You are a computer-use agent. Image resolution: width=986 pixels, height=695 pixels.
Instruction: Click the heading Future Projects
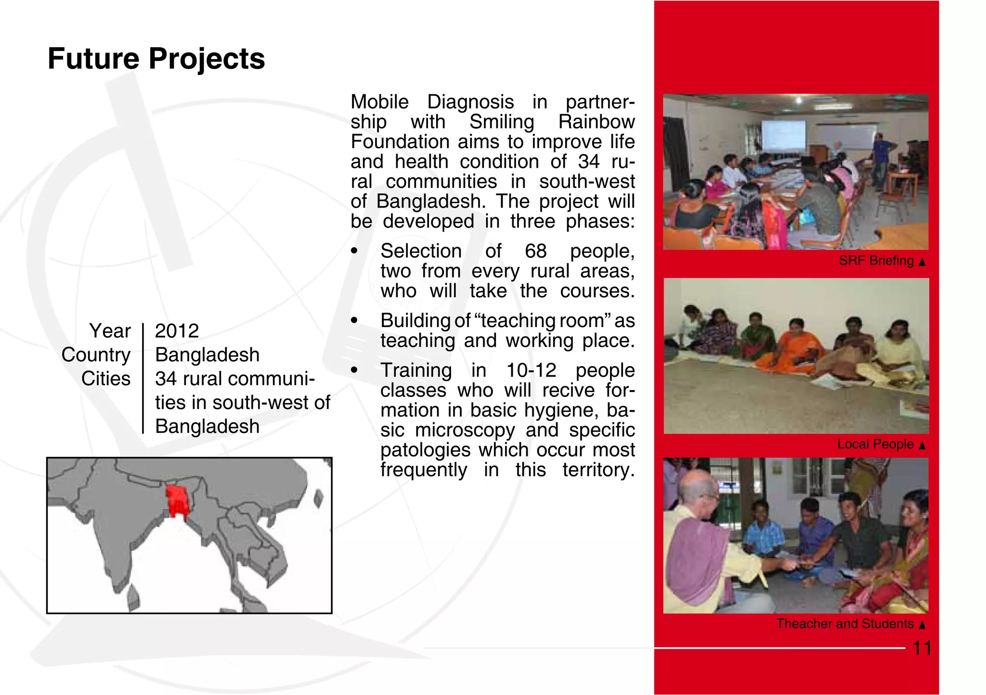click(x=156, y=59)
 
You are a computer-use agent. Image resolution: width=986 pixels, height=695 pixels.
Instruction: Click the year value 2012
click(x=177, y=331)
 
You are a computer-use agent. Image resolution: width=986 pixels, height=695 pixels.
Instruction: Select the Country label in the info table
click(x=96, y=355)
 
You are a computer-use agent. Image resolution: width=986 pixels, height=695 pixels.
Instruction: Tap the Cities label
click(x=105, y=379)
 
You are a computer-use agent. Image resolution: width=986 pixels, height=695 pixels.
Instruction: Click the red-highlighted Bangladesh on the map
click(x=176, y=500)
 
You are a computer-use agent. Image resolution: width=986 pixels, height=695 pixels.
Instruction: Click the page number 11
click(x=921, y=648)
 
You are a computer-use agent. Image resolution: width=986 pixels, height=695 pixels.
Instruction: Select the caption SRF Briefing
click(x=876, y=261)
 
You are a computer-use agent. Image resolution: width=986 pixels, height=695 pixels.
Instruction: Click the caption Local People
click(x=875, y=444)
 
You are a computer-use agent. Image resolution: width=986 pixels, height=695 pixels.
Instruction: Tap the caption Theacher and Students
click(x=844, y=624)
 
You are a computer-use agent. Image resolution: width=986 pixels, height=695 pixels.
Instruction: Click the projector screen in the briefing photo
click(x=783, y=135)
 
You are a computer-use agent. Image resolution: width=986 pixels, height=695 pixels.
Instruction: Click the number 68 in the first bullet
click(x=535, y=251)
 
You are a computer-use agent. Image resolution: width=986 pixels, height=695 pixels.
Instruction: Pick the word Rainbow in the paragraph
click(x=596, y=122)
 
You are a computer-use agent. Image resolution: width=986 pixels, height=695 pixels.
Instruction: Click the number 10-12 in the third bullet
click(x=531, y=370)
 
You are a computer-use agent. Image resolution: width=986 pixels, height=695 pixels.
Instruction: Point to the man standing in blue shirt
click(x=880, y=159)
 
